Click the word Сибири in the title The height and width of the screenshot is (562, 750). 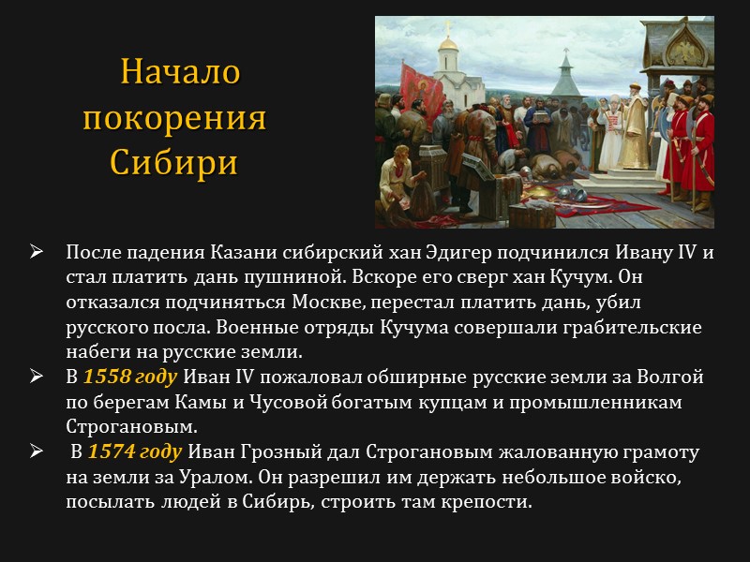click(x=173, y=162)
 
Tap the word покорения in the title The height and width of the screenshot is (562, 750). click(x=174, y=118)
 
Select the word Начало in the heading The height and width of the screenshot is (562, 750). click(x=181, y=72)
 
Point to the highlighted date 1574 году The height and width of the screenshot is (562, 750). click(x=135, y=452)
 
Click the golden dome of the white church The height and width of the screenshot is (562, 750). click(x=449, y=44)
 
